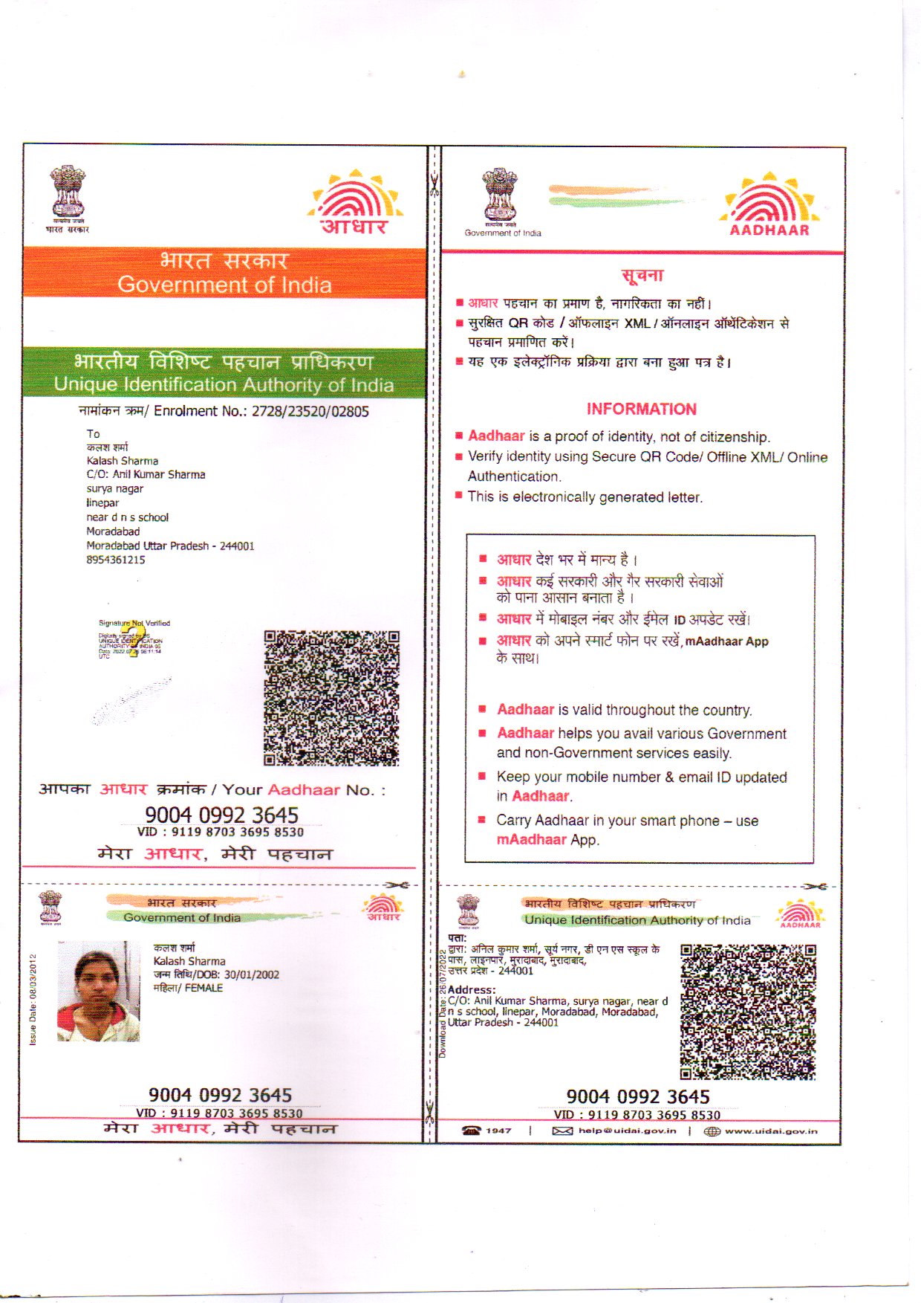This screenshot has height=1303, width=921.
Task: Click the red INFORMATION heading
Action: click(x=641, y=409)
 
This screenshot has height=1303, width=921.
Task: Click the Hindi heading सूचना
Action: click(x=642, y=276)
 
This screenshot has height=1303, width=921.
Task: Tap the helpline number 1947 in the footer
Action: click(x=498, y=1131)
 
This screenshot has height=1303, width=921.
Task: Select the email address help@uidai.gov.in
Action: click(x=627, y=1131)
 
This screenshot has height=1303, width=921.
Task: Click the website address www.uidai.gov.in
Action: click(x=770, y=1131)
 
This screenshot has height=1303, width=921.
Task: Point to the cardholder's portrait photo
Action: click(x=98, y=991)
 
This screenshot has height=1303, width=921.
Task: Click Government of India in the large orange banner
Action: click(x=224, y=285)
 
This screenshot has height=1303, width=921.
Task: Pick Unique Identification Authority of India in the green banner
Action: click(x=224, y=385)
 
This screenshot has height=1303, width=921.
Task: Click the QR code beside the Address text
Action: click(x=747, y=1012)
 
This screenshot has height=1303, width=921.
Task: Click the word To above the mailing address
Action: click(x=93, y=433)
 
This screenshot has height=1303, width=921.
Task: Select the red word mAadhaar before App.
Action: click(x=531, y=839)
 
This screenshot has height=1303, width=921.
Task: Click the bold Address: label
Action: click(x=472, y=990)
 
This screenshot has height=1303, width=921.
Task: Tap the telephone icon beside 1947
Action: click(x=471, y=1131)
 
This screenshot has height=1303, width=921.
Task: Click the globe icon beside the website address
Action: click(x=712, y=1131)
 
